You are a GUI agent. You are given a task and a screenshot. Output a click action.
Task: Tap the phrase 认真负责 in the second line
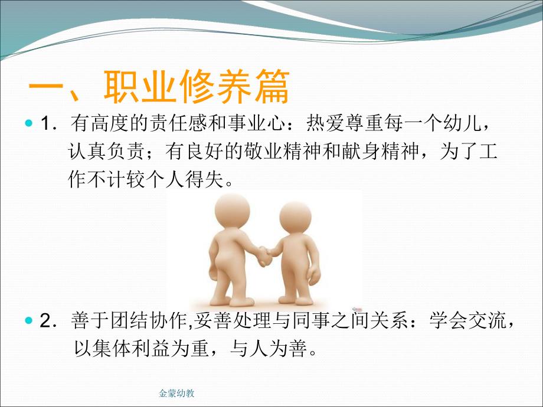pos(106,153)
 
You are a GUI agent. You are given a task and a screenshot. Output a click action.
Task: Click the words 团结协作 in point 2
pos(143,322)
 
